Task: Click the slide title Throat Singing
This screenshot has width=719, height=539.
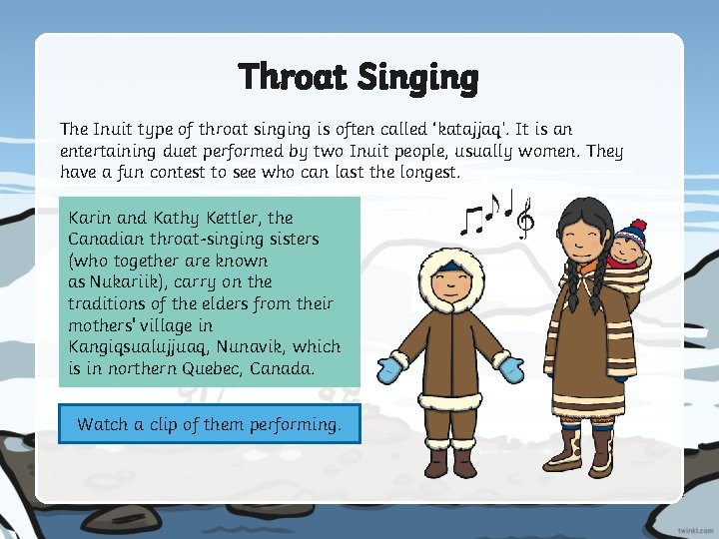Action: (359, 77)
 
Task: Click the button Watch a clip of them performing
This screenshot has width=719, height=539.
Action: (209, 424)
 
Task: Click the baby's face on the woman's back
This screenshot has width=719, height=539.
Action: (630, 249)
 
